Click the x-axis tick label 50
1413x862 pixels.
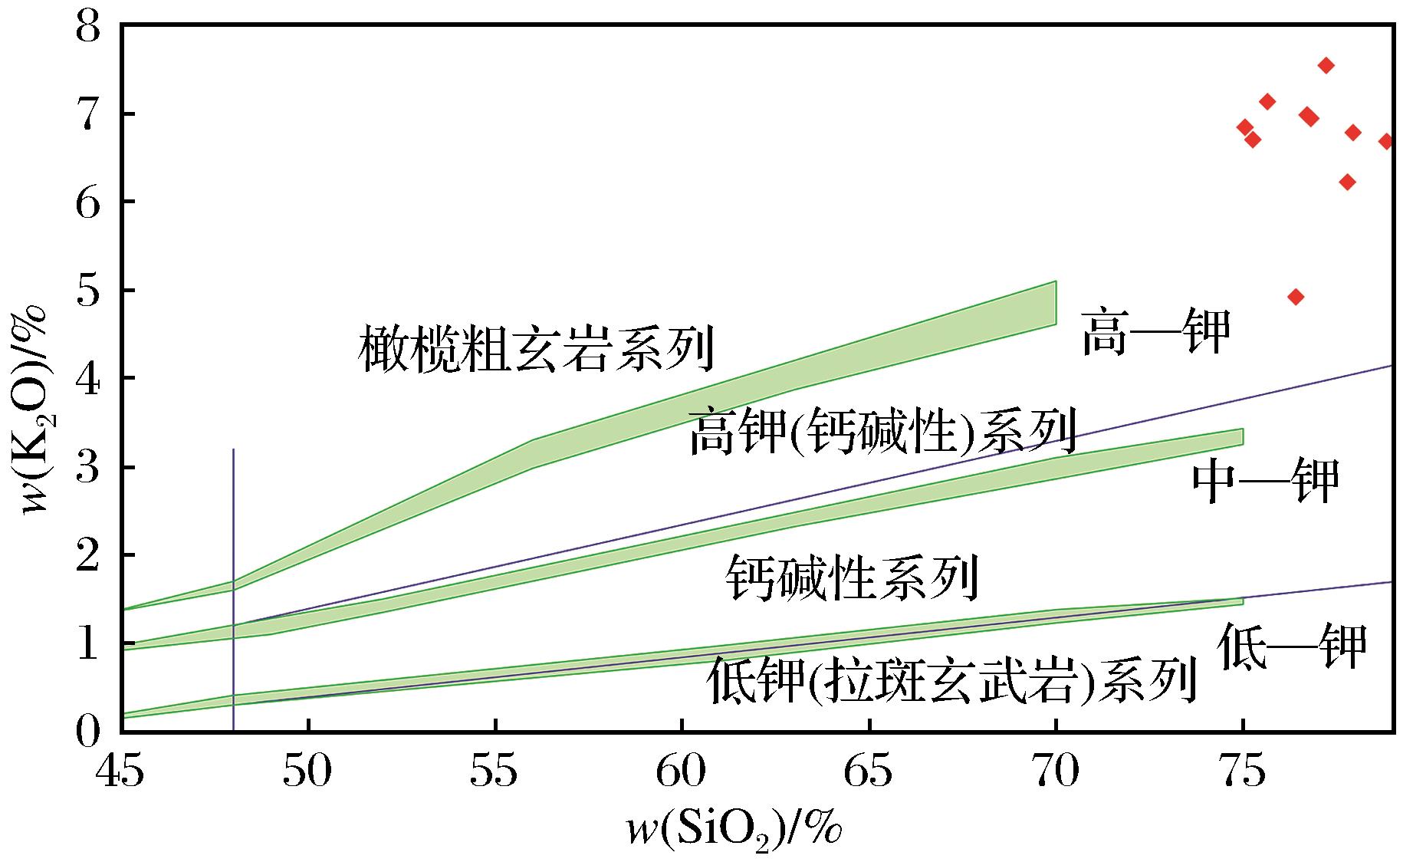[x=307, y=772]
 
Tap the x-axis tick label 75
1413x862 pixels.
[x=1243, y=772]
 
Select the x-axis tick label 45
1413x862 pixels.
[x=120, y=772]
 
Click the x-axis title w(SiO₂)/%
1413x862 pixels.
[x=734, y=831]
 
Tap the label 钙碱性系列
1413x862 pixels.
[x=853, y=577]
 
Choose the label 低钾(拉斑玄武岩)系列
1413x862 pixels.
[x=951, y=679]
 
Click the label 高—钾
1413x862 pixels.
[x=1155, y=332]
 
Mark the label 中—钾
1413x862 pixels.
[x=1265, y=480]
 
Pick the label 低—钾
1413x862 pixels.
[x=1293, y=646]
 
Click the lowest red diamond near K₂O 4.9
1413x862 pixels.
[x=1296, y=297]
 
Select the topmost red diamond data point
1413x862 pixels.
[x=1326, y=66]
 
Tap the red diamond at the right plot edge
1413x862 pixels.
[x=1386, y=141]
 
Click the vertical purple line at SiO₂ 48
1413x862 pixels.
[x=233, y=537]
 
